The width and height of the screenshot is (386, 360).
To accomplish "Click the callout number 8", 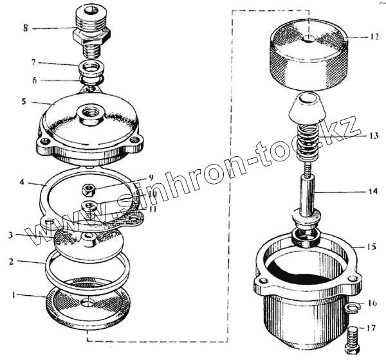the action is [x=26, y=28].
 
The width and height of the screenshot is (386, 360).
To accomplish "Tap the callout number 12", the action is [x=373, y=37].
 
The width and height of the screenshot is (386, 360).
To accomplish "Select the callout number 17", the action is [x=371, y=328].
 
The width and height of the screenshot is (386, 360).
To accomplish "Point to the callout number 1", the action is [x=14, y=294].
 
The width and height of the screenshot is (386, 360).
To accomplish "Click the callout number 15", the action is [x=371, y=246].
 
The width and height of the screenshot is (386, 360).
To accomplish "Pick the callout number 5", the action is [x=24, y=102].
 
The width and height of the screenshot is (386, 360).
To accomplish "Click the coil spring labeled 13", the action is [x=308, y=141].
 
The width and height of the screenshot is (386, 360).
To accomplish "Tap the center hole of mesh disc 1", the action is [x=87, y=302].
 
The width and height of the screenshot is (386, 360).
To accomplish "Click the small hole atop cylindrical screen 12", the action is [x=309, y=38].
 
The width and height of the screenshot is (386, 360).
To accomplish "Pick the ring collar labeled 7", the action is [x=91, y=69].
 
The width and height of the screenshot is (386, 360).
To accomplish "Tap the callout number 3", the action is [x=10, y=235].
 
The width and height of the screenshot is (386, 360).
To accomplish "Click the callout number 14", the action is [x=372, y=191].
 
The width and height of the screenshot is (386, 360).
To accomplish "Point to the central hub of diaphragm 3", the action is [x=89, y=240].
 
